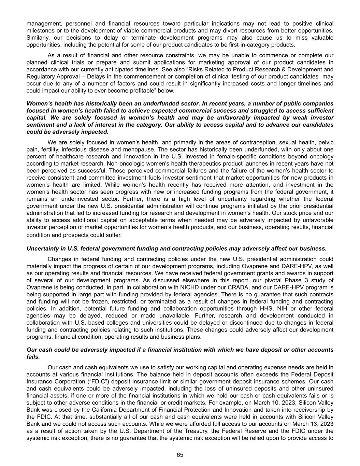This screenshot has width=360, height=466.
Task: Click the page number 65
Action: click(180, 454)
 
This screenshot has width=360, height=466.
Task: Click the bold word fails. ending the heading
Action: click(33, 357)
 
